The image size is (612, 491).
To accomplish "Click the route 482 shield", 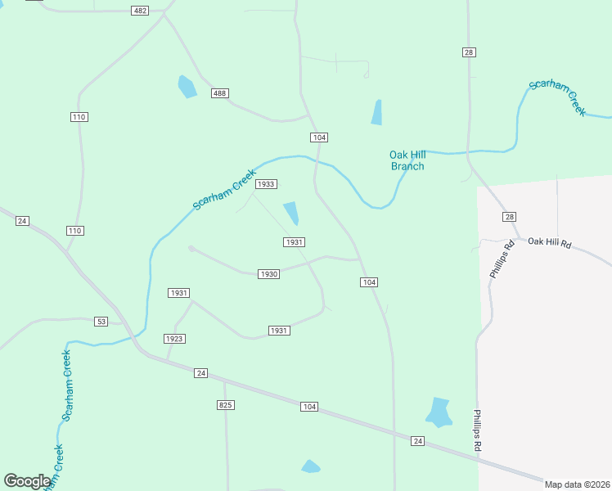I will point(141,10).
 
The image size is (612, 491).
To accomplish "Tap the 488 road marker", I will point(219,93).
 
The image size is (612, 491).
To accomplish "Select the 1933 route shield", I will point(266,184).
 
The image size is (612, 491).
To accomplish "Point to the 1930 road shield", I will point(269,274).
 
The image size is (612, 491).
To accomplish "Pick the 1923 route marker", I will point(174,338).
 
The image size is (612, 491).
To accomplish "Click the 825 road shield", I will point(227,405).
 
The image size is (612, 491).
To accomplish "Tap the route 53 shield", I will point(101,321).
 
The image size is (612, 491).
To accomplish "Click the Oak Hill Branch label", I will point(407,160).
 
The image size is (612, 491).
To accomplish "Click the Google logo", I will point(27,481).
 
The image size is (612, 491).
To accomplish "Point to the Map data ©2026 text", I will point(577,484).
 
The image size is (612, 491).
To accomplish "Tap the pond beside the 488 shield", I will point(187,86).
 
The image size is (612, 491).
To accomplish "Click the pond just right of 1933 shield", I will point(290,213).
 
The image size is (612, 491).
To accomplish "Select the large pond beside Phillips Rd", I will point(439,412).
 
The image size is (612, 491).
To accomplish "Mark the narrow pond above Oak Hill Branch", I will point(376,112).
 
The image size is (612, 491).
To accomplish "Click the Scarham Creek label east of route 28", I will point(557,97).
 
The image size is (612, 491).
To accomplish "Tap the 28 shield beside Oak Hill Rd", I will point(510,216).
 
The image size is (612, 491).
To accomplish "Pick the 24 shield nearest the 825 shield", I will point(201,373).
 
